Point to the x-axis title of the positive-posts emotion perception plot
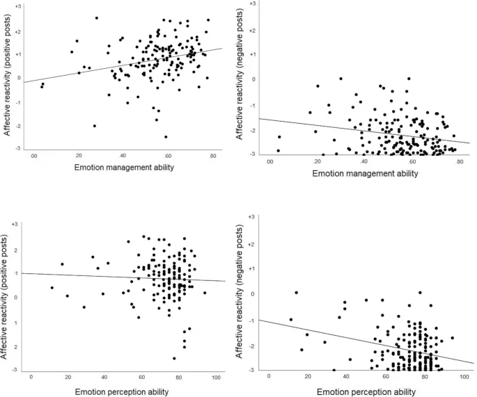pos(122,392)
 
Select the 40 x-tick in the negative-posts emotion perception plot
pos(345,376)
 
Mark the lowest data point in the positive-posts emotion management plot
pos(165,136)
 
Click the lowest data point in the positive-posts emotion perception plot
pos(174,358)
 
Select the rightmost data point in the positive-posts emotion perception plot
pos(205,293)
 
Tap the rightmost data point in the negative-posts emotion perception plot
pos(452,338)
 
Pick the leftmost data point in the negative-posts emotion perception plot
pos(290,320)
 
